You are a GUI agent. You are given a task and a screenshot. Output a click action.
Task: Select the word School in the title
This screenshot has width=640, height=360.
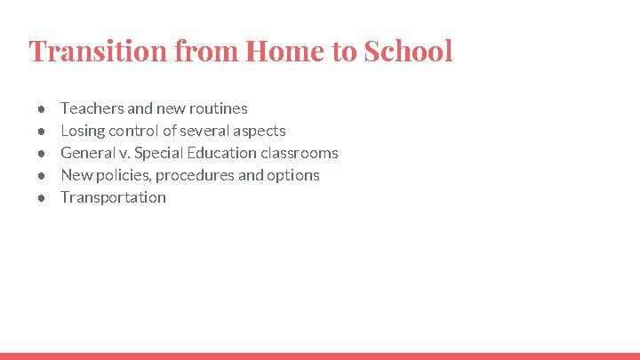click(x=408, y=51)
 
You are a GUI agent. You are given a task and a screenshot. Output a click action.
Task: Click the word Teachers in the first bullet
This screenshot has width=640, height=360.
click(x=92, y=108)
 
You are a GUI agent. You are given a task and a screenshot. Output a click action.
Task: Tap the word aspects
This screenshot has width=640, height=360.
click(x=259, y=131)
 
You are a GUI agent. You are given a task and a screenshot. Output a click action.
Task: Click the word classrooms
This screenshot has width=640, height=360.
click(x=300, y=153)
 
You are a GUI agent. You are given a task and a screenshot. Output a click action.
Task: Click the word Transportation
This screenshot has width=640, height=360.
click(x=113, y=197)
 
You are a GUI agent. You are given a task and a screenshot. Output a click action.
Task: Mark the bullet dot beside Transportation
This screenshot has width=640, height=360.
click(x=42, y=198)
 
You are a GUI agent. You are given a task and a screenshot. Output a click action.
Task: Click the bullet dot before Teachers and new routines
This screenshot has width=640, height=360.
click(x=42, y=109)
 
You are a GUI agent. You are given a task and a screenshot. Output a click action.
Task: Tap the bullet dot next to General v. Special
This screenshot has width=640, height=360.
click(x=42, y=154)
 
